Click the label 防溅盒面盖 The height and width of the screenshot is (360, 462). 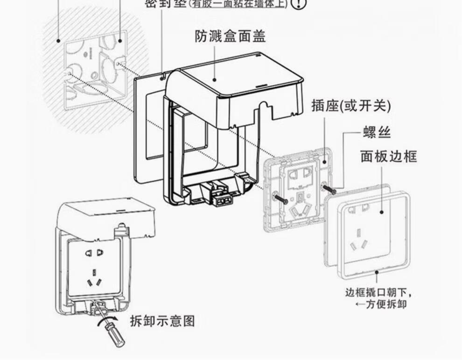click(x=230, y=36)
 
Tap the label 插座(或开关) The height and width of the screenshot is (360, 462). click(x=351, y=106)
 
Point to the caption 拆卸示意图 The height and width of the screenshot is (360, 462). click(x=162, y=321)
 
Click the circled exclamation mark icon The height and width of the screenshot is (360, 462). click(x=299, y=4)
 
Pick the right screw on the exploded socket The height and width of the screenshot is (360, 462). click(x=330, y=190)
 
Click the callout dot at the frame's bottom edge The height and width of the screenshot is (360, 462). click(x=376, y=271)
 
